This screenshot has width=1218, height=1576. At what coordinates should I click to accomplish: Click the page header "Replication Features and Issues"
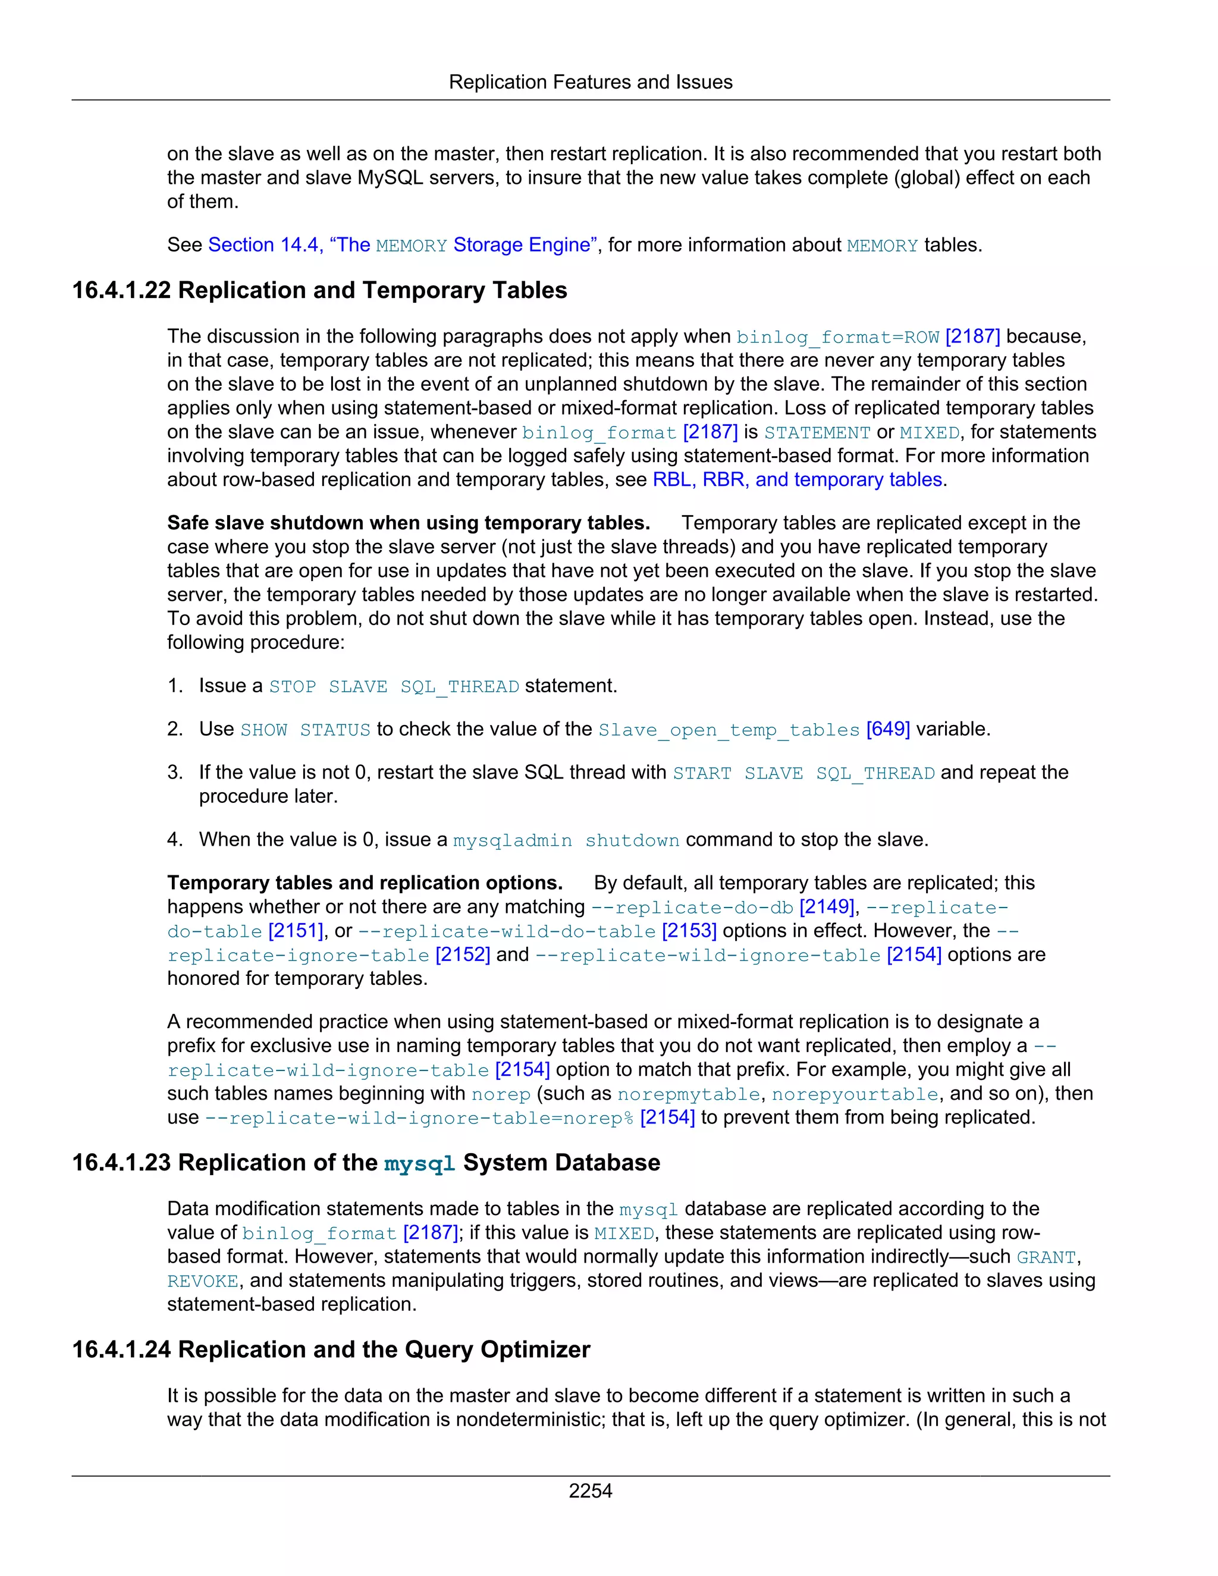click(x=590, y=82)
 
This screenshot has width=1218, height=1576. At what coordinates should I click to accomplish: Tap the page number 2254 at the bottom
click(x=590, y=1490)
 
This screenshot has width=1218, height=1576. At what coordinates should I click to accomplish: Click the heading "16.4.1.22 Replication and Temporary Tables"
click(x=319, y=290)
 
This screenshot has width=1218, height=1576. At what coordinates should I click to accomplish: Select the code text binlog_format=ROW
click(x=837, y=337)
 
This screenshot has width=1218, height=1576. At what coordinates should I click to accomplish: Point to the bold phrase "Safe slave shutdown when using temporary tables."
click(x=409, y=523)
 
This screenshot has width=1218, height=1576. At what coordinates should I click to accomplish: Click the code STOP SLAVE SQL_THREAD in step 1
click(x=394, y=686)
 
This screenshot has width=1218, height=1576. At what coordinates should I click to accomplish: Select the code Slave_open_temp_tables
click(x=729, y=730)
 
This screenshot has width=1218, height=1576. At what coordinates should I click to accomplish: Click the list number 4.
click(x=175, y=840)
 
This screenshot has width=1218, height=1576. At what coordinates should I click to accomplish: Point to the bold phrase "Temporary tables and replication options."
click(x=365, y=883)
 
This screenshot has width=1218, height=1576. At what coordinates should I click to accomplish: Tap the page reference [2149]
click(x=826, y=907)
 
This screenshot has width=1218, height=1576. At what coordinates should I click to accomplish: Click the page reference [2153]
click(x=689, y=931)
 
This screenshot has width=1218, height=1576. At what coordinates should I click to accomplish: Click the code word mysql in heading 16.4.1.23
click(x=419, y=1164)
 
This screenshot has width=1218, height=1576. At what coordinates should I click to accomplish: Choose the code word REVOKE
click(x=203, y=1282)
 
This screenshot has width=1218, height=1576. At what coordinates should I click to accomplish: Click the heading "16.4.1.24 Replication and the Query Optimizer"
click(x=331, y=1349)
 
